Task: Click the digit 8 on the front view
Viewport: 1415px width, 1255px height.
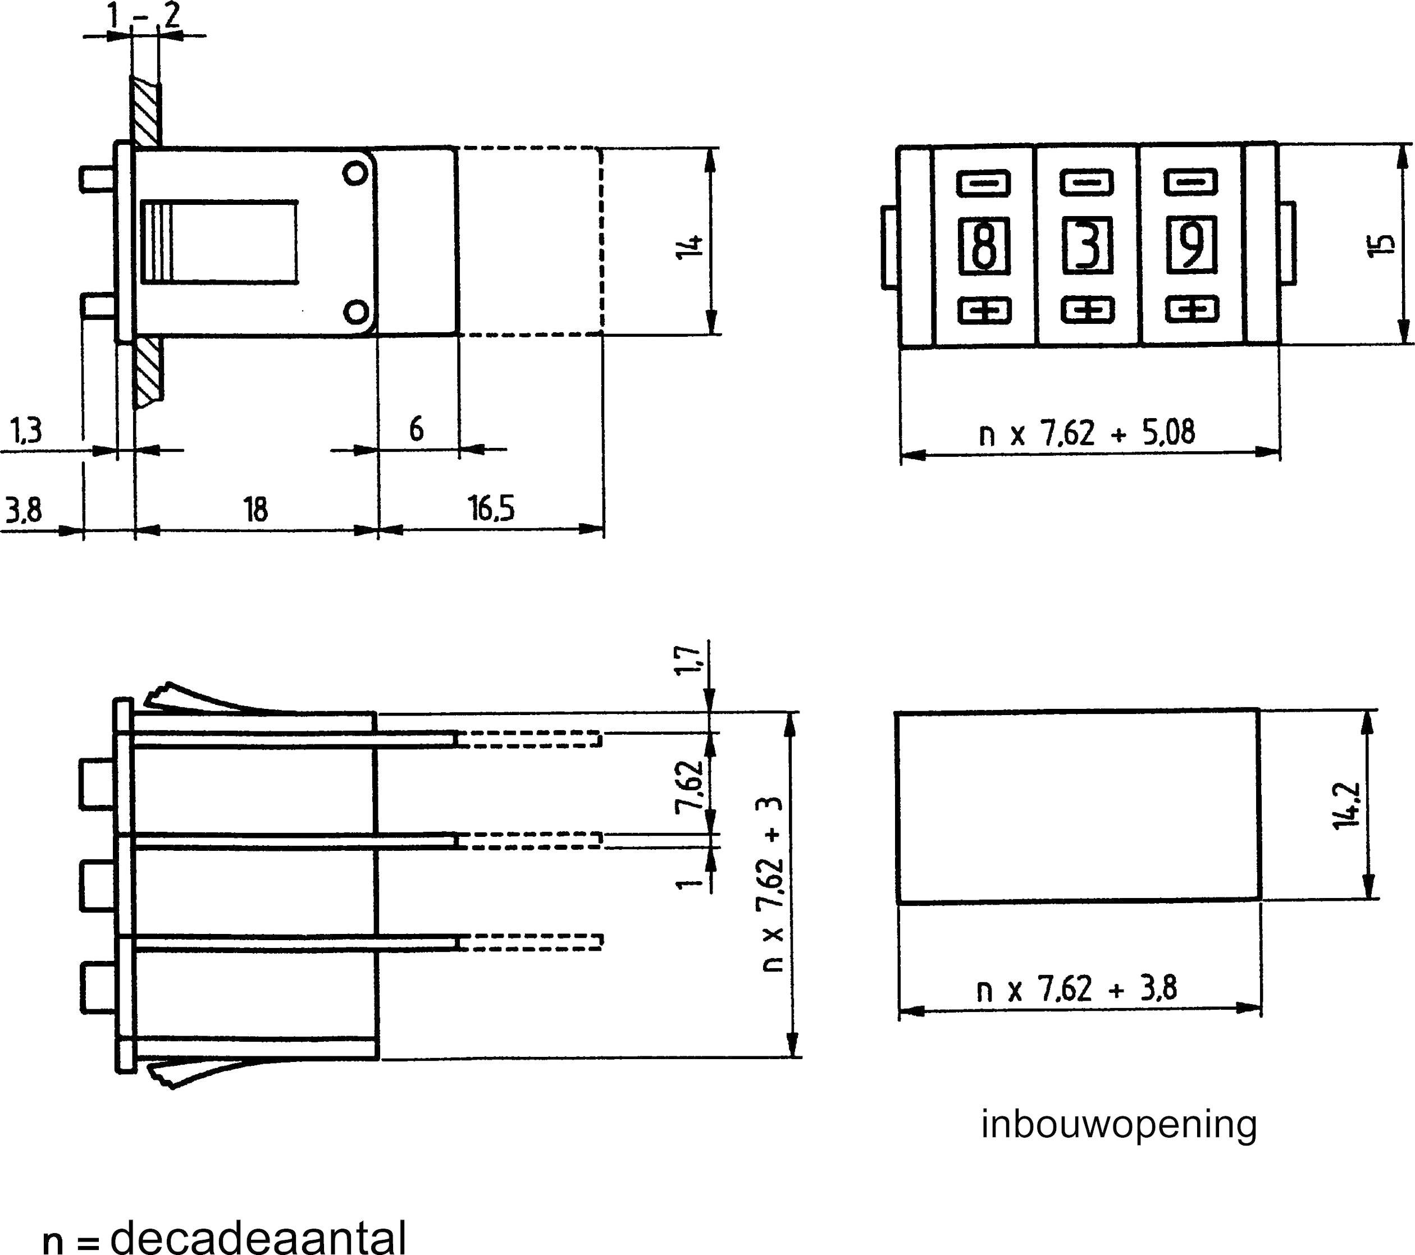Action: click(983, 246)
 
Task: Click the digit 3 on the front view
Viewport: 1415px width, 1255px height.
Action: click(1088, 246)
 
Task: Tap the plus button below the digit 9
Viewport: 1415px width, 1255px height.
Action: click(1192, 309)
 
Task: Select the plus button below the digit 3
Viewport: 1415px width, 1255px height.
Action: click(1088, 310)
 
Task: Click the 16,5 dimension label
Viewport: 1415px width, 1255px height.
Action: click(491, 509)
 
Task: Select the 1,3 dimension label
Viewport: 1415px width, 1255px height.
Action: click(26, 430)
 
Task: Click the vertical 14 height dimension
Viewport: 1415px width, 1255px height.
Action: click(690, 246)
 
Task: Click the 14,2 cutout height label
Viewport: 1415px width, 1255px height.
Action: click(1345, 807)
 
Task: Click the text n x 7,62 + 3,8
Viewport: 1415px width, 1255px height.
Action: click(1076, 990)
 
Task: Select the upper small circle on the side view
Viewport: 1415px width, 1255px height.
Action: click(355, 173)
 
